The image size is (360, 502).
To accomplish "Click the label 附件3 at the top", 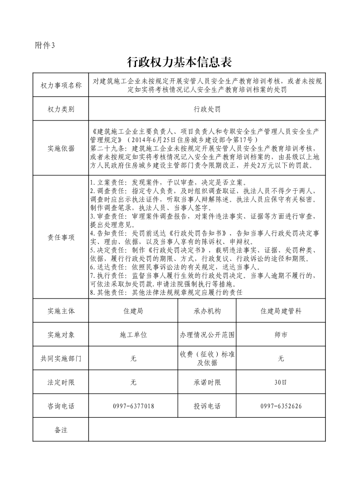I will tap(44, 45).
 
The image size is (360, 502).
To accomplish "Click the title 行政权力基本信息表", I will tap(180, 62).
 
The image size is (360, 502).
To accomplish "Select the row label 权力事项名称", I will tap(61, 85).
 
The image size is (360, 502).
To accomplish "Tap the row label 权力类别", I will tap(61, 109).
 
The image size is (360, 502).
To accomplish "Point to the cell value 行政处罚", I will tap(207, 109).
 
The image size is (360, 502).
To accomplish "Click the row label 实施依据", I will tap(61, 148).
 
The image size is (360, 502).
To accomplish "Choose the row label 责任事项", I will tap(61, 237).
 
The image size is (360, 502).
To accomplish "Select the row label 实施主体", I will tap(61, 311).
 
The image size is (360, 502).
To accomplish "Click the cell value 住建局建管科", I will tap(281, 311).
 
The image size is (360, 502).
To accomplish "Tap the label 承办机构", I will tap(207, 311).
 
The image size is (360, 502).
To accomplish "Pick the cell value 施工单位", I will tap(133, 335).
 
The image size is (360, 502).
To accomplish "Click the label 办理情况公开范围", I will tap(207, 335).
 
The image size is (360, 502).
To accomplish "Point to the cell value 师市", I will tap(281, 335).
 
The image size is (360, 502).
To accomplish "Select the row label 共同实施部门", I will tap(61, 359).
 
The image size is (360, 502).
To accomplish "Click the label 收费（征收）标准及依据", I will tap(207, 358).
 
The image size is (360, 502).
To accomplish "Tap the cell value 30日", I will tap(281, 382).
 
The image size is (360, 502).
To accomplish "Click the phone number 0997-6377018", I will tap(133, 406).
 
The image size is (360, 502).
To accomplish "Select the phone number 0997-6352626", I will tap(281, 406).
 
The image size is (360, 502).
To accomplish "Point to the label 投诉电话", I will tap(207, 406).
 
